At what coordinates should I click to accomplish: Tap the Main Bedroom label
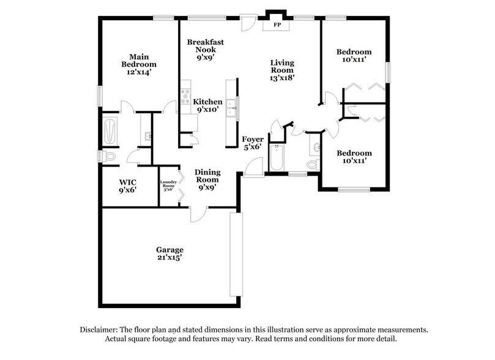point(139,64)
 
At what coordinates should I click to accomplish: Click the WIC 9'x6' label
point(127,186)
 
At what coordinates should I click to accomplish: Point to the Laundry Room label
point(168,186)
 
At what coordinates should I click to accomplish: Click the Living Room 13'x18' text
point(283,70)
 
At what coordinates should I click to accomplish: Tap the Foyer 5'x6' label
point(253,143)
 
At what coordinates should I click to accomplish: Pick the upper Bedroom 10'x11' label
point(354,56)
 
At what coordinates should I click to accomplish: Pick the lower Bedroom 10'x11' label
point(354,157)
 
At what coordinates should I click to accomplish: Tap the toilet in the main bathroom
point(109,157)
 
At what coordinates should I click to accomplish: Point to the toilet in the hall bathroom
point(313,164)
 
